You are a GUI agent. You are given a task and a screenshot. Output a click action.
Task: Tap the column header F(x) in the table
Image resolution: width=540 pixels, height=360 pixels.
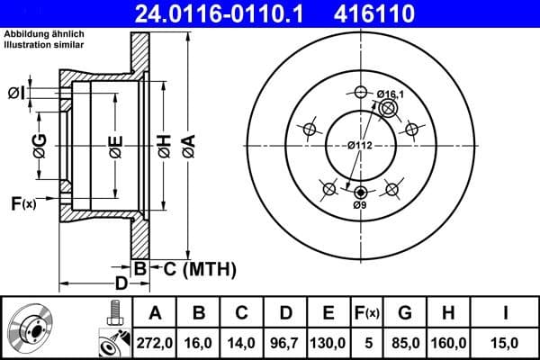tap(369, 313)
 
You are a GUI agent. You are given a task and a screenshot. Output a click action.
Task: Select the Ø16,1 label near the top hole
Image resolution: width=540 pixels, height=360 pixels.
tap(391, 94)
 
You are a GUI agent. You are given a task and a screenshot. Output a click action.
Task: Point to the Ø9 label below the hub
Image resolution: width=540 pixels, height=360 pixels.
tap(360, 206)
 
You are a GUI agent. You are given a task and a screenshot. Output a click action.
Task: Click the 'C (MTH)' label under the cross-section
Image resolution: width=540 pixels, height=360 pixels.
tap(193, 267)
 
